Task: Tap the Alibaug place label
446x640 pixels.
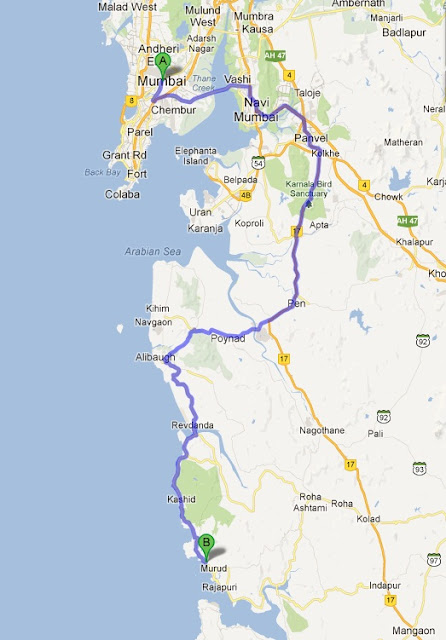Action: pos(154,356)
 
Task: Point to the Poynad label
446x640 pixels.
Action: pos(227,340)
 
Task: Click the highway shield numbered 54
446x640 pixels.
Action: pos(258,161)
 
